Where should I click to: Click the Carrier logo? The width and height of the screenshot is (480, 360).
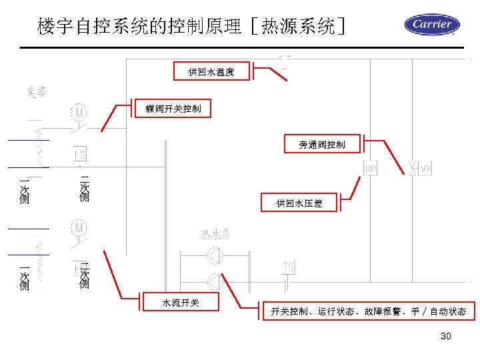coord(432,25)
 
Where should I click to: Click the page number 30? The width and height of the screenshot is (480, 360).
coord(446,336)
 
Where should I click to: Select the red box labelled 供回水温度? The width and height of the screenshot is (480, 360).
coord(211,71)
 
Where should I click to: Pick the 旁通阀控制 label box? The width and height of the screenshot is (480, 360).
coord(322,144)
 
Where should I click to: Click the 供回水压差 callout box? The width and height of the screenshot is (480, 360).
coord(299,203)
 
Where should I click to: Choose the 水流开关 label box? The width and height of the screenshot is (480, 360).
coord(181,303)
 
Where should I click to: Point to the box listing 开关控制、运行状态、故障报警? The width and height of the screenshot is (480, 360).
coord(368,311)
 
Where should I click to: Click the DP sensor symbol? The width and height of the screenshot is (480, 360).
coord(370,169)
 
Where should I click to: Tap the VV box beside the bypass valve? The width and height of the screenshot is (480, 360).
coord(425,169)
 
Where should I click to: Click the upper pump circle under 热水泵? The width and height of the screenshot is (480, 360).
coord(215,255)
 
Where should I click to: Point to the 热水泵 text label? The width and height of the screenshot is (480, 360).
coord(216,234)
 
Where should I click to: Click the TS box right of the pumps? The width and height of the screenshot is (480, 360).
coord(288,267)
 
